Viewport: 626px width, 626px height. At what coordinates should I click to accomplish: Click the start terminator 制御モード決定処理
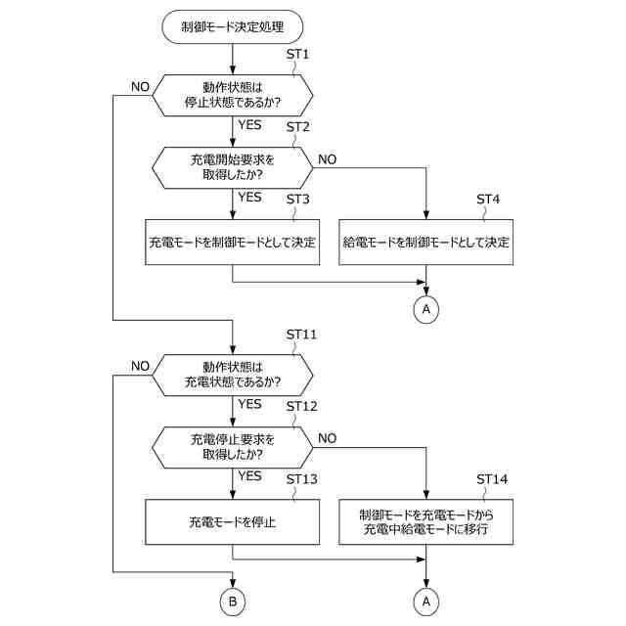pos(233,26)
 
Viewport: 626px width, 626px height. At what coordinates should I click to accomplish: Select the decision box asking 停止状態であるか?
pos(233,96)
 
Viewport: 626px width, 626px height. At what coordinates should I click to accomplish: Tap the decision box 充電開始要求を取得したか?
pos(233,167)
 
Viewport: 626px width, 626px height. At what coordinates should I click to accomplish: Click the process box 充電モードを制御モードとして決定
pos(233,242)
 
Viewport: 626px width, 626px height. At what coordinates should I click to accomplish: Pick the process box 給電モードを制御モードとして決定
pos(426,242)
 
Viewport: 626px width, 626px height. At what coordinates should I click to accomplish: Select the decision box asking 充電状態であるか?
pos(233,375)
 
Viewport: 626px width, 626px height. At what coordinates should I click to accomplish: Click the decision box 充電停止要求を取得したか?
pos(233,447)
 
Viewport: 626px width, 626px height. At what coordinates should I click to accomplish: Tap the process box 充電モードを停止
pos(233,521)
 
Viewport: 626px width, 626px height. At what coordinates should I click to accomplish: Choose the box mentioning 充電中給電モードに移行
pos(426,521)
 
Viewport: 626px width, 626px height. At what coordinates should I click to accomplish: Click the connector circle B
pos(233,602)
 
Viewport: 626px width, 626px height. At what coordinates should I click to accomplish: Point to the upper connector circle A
pos(426,309)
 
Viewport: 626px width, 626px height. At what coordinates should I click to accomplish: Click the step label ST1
pos(297,54)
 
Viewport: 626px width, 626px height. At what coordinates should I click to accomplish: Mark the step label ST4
pos(488,199)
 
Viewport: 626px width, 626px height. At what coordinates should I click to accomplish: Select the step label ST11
pos(301,335)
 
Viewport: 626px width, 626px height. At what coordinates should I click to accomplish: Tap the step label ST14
pos(492,478)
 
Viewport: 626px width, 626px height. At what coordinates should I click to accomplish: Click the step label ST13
pos(302,478)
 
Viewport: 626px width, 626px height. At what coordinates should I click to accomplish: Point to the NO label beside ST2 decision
pos(328,159)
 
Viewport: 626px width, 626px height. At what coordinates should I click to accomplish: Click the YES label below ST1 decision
pos(250,124)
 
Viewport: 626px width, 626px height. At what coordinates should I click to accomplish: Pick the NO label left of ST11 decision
pos(140,366)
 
